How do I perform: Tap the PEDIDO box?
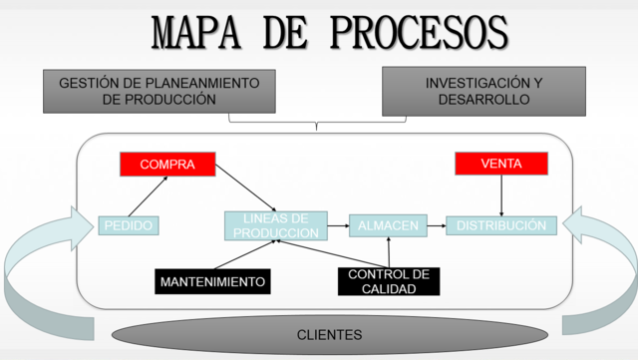(129, 226)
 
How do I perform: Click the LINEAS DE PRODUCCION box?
(275, 225)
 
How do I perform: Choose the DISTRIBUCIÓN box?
(500, 226)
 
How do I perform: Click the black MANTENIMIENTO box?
(213, 282)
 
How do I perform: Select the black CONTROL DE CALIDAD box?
(388, 282)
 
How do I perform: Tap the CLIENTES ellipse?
(329, 335)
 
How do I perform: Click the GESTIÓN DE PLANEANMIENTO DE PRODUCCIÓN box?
(159, 91)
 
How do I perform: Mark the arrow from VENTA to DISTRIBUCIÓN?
(500, 195)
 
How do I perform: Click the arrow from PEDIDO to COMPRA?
(147, 195)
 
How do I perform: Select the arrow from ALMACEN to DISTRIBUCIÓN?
(436, 226)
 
